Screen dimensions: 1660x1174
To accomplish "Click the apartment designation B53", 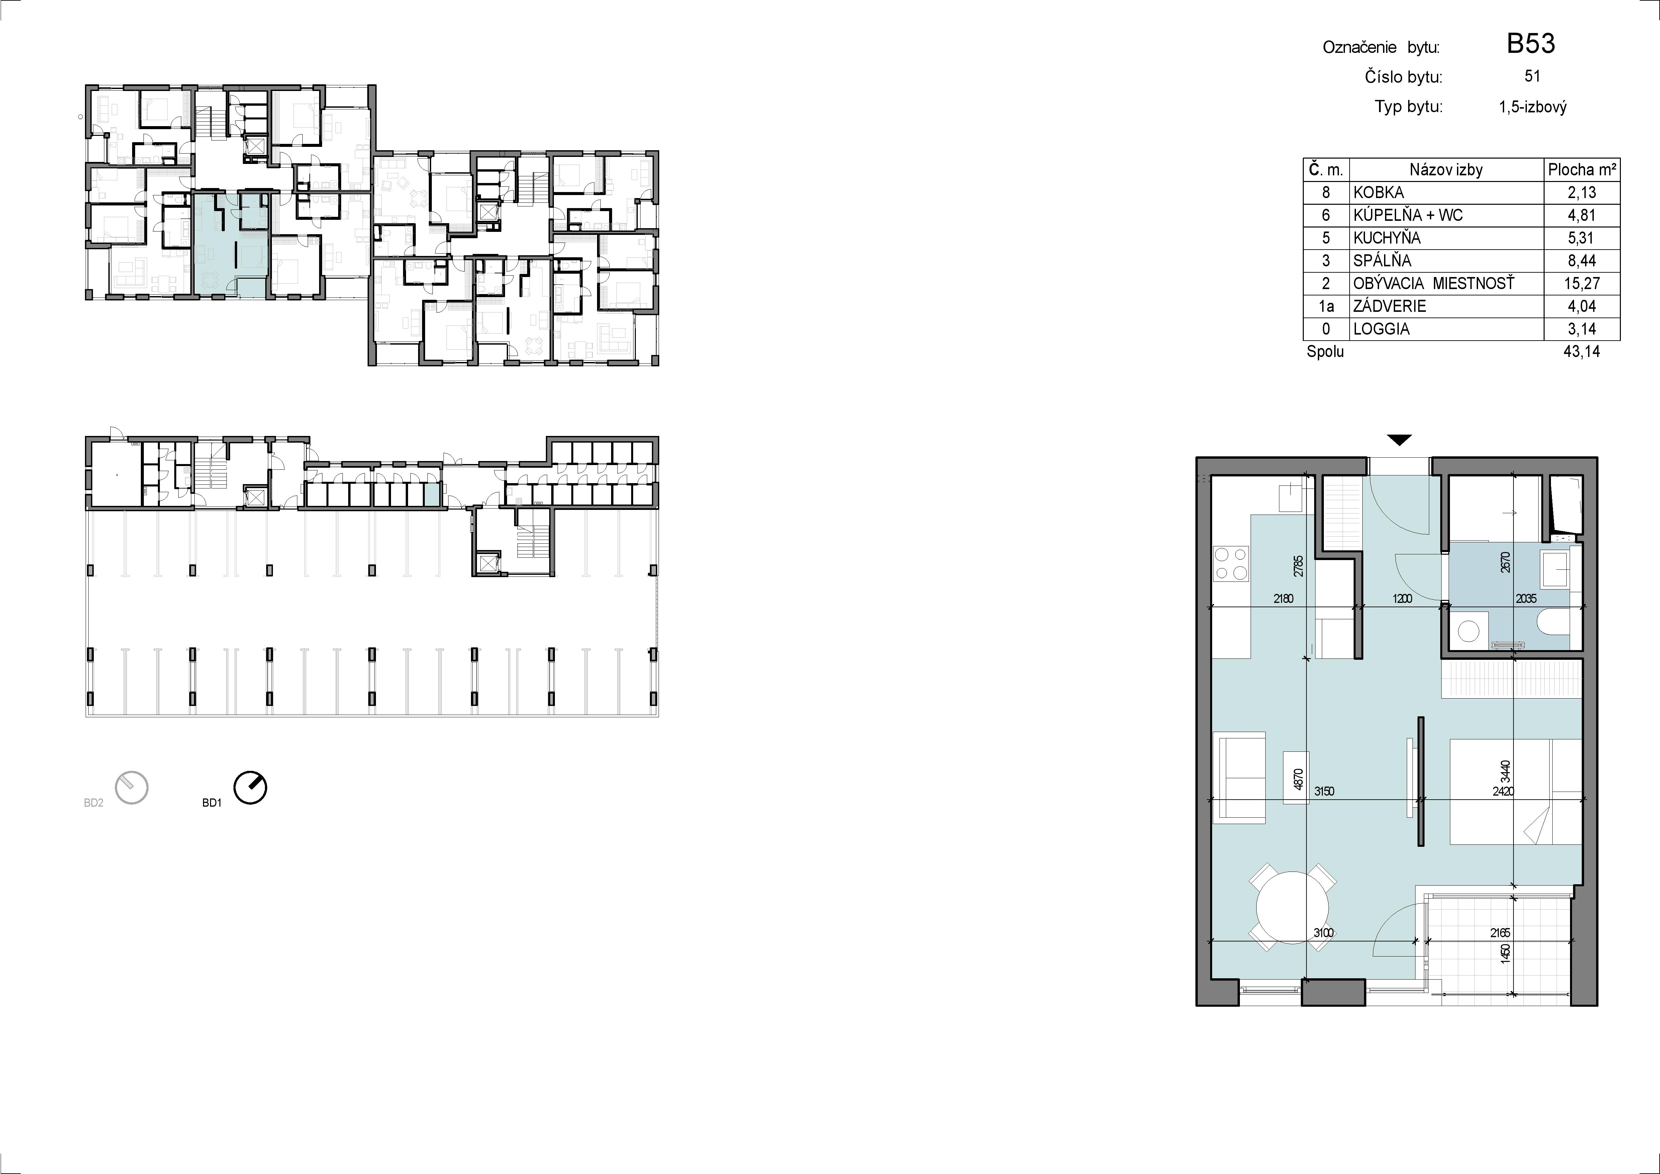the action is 1531,44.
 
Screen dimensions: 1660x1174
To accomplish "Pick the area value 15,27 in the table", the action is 1581,284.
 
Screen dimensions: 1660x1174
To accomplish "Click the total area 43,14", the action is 1581,352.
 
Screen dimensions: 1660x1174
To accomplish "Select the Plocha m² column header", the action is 1581,170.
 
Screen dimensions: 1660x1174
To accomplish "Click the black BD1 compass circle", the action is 250,788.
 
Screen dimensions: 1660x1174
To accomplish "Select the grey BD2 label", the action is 94,803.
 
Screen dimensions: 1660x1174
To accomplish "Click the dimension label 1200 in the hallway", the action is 1402,599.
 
